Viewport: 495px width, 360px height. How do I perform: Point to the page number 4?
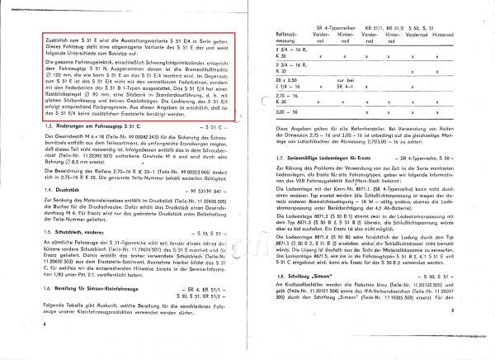pos(42,349)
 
